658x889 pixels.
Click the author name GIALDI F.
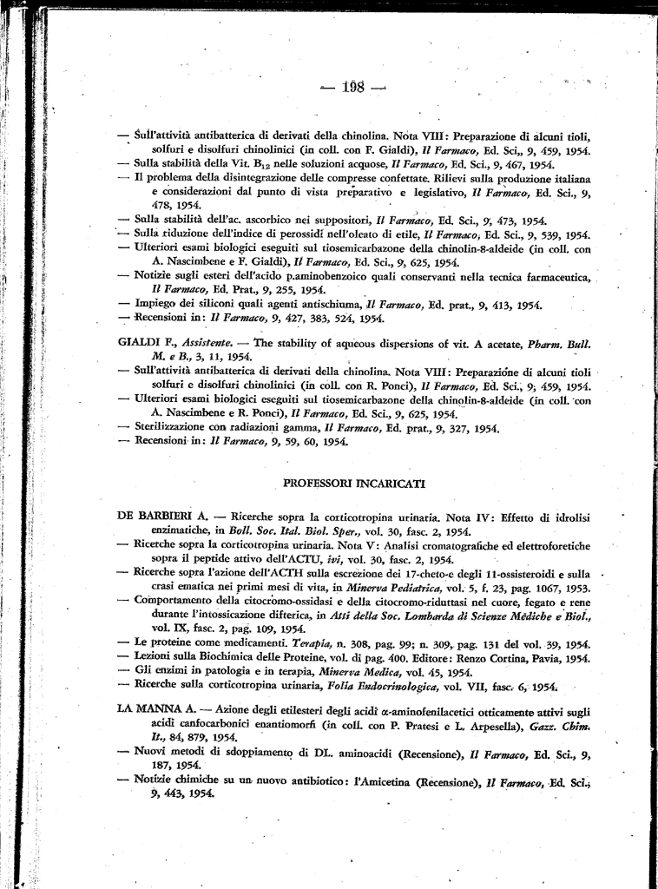[x=141, y=343]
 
